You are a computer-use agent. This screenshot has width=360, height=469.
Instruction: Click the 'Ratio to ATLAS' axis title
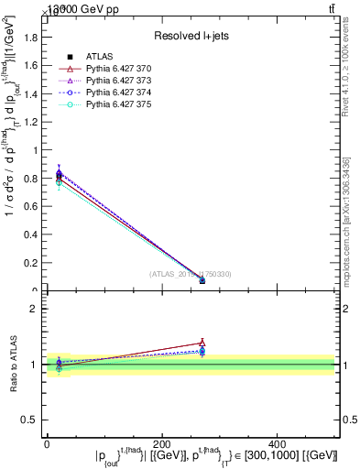(x=12, y=365)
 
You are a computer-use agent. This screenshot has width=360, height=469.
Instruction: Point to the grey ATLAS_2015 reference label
(x=190, y=274)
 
